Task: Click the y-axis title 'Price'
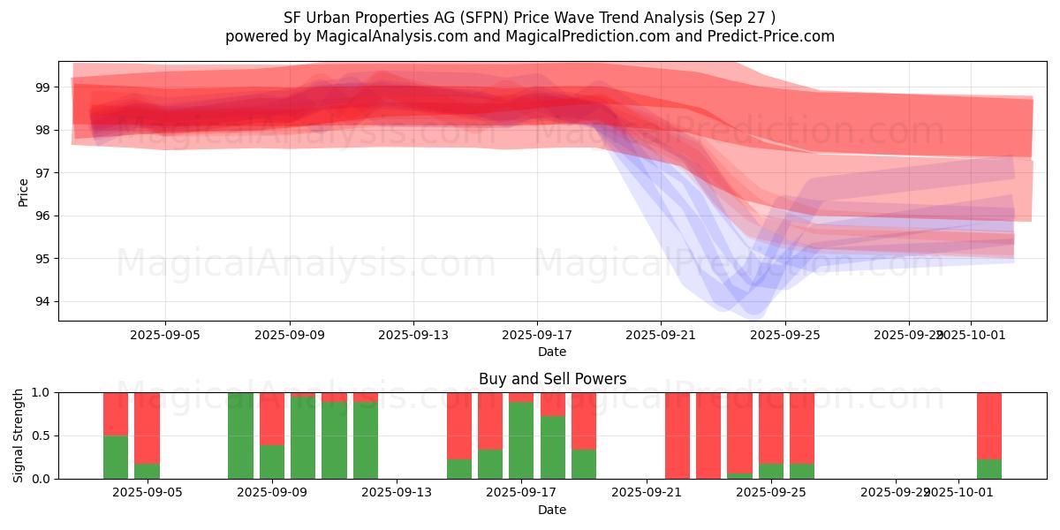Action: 23,192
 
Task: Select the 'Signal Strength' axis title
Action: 19,435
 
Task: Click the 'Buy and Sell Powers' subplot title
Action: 552,379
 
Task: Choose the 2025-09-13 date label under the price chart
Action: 413,335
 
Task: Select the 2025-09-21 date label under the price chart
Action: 661,335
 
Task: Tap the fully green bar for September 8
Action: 240,435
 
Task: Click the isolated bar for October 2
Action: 988,435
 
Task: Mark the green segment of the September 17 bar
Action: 521,440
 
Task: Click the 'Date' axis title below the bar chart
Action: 552,510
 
